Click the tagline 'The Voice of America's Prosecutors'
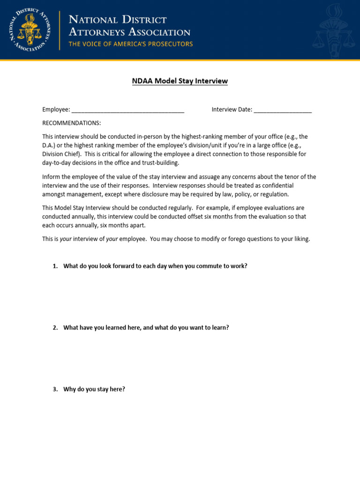[131, 44]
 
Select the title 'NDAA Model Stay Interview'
[180, 81]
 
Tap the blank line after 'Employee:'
[128, 110]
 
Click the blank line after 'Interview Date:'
[283, 110]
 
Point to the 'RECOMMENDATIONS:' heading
[71, 123]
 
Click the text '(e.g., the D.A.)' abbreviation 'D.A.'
[48, 145]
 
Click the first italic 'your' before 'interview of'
[66, 239]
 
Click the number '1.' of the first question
[55, 266]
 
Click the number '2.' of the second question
[55, 328]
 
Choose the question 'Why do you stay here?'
[94, 390]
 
